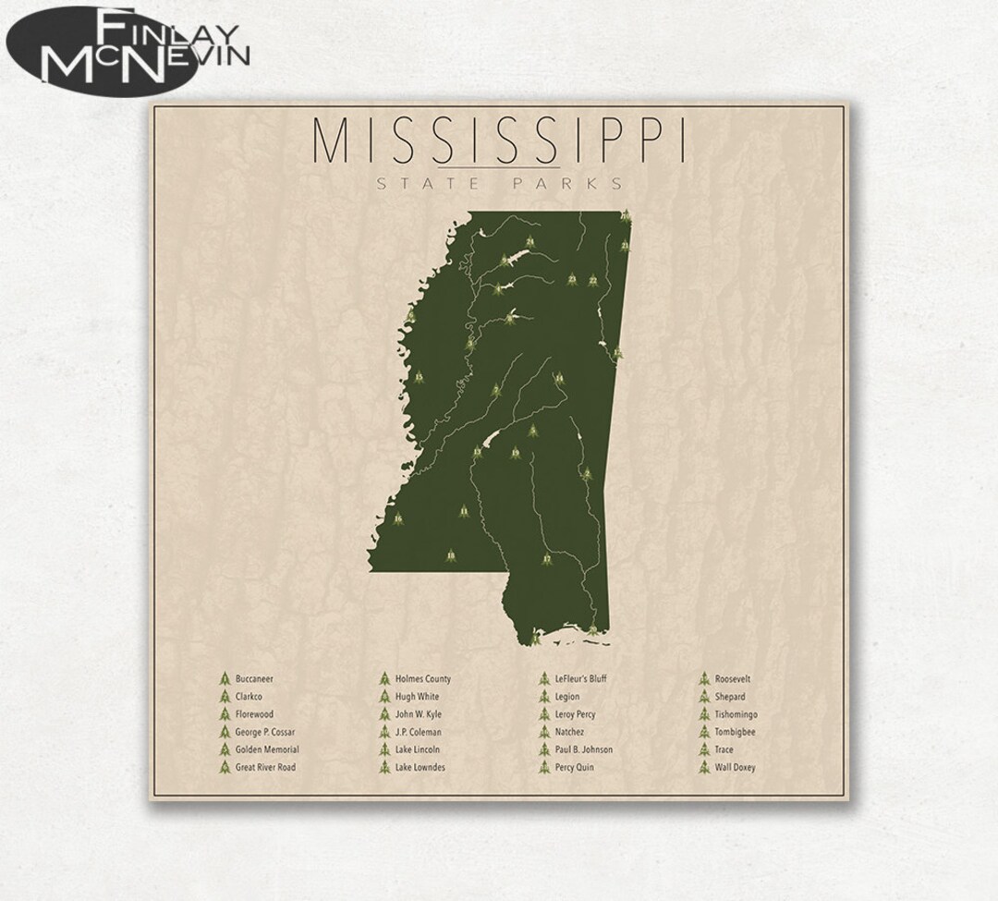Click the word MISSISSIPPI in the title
pyautogui.click(x=499, y=140)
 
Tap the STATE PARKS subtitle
pyautogui.click(x=500, y=183)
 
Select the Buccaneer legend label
pyautogui.click(x=254, y=679)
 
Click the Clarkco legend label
pyautogui.click(x=249, y=697)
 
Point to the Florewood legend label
pyautogui.click(x=254, y=714)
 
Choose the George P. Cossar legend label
pyautogui.click(x=265, y=732)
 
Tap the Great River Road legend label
pyautogui.click(x=265, y=767)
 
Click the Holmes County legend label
pyautogui.click(x=422, y=679)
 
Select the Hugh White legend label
pyautogui.click(x=417, y=697)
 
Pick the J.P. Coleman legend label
pyautogui.click(x=418, y=732)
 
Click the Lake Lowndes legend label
pyautogui.click(x=420, y=767)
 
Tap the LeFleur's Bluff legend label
pyautogui.click(x=581, y=679)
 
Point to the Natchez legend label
pyautogui.click(x=571, y=732)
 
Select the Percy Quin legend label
pyautogui.click(x=575, y=767)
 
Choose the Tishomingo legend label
pyautogui.click(x=737, y=714)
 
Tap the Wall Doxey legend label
pyautogui.click(x=735, y=767)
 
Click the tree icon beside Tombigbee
pyautogui.click(x=704, y=732)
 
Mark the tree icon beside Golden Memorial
pyautogui.click(x=224, y=749)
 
